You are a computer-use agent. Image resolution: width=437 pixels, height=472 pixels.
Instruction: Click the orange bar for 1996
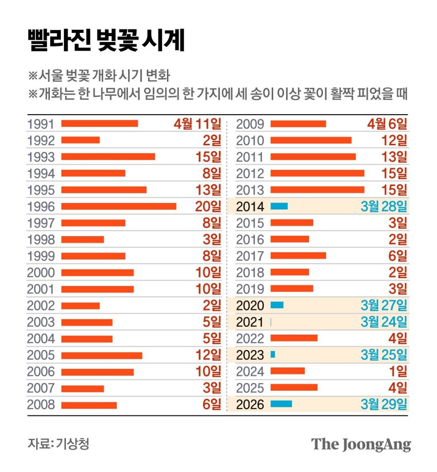pos(118,206)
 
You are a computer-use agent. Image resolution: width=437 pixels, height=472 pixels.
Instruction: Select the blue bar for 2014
pos(279,206)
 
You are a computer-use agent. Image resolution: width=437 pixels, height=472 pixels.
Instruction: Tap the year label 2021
pos(250,322)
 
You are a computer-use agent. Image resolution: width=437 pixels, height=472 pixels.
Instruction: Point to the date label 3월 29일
pos(384,404)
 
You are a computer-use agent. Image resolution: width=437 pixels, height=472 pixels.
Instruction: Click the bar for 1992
pos(80,140)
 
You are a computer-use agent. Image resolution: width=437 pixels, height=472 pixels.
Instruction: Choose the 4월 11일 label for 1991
pos(198,124)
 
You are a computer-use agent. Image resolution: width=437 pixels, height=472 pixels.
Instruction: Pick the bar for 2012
pos(317,173)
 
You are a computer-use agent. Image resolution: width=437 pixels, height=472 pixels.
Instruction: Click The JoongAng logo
pos(361,444)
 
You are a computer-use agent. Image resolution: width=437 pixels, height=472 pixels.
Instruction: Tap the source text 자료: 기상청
pos(58,444)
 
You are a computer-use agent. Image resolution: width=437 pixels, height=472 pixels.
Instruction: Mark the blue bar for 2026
pos(281,404)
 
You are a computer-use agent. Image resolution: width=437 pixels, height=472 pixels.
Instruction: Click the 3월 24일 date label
pos(384,322)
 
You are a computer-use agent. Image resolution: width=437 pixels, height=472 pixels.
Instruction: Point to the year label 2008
pos(41,405)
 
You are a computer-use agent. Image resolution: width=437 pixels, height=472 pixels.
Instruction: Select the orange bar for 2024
pos(288,371)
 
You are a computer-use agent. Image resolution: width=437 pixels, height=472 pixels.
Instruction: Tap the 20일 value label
pos(208,206)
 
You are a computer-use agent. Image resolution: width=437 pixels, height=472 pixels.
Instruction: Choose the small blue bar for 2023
pos(273,355)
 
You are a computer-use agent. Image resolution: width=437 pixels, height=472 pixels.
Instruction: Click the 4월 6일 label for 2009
pos(387,124)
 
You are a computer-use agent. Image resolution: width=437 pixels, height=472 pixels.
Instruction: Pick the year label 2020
pos(250,305)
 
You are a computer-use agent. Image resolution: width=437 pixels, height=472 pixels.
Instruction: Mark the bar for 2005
pos(101,355)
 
